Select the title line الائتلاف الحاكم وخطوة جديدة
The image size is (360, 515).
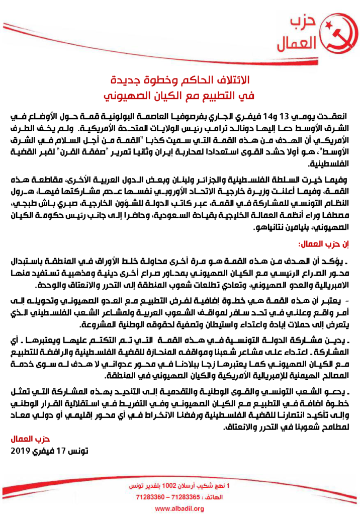point(181,80)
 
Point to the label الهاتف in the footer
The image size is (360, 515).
point(213,497)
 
